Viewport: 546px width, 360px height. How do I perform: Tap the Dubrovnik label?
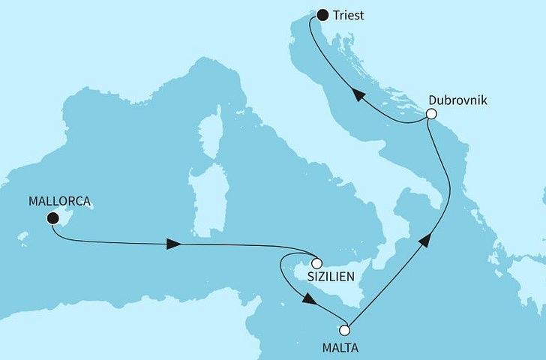click(457, 99)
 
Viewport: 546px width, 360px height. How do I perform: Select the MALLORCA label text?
click(59, 201)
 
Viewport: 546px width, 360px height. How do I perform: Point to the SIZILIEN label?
click(331, 276)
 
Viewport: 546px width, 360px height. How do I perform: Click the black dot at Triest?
click(322, 14)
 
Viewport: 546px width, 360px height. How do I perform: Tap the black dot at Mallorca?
click(52, 218)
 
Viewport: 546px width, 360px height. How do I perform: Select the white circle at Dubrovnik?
click(430, 114)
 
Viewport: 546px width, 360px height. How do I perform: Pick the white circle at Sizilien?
click(316, 263)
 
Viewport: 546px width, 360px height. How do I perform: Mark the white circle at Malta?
click(345, 330)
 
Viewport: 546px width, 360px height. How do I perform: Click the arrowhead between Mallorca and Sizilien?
click(172, 244)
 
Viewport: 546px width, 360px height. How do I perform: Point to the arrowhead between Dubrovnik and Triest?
click(359, 95)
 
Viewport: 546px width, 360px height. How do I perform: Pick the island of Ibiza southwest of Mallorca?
click(23, 238)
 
